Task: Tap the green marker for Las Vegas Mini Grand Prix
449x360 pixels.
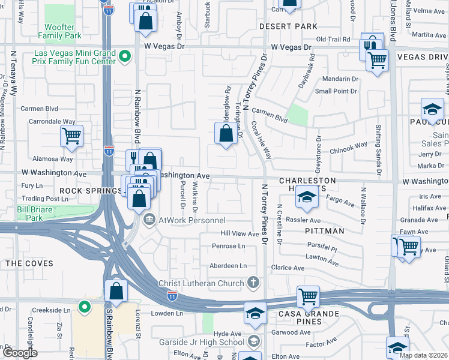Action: click(x=125, y=58)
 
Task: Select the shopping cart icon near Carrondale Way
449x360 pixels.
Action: click(x=71, y=136)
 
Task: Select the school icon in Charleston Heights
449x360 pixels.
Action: click(x=306, y=199)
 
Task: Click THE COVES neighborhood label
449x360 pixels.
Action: click(x=29, y=263)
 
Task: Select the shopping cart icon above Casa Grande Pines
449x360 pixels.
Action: click(x=308, y=296)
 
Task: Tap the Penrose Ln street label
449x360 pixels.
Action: click(x=229, y=246)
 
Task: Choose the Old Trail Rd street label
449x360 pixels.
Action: click(x=333, y=40)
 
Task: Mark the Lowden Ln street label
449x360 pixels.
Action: click(x=167, y=313)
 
